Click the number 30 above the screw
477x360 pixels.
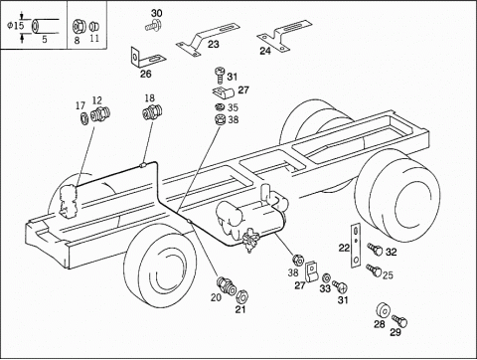pyautogui.click(x=157, y=13)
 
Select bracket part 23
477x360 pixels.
pyautogui.click(x=206, y=38)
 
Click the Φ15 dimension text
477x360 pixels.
pyautogui.click(x=15, y=25)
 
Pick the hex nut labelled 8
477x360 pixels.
pyautogui.click(x=79, y=26)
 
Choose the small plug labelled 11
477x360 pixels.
pyautogui.click(x=94, y=26)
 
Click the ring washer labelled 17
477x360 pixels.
pyautogui.click(x=84, y=118)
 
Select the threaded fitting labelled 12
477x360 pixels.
pyautogui.click(x=101, y=114)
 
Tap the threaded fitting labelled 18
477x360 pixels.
pyautogui.click(x=153, y=112)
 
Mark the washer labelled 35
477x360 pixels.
pyautogui.click(x=219, y=107)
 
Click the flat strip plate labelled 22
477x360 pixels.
pyautogui.click(x=356, y=246)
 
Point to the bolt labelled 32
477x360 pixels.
pyautogui.click(x=375, y=249)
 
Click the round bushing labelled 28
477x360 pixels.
pyautogui.click(x=384, y=311)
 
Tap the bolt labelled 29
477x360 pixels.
pyautogui.click(x=399, y=321)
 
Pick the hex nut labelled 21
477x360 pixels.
pyautogui.click(x=242, y=296)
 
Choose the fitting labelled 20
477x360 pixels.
pyautogui.click(x=227, y=284)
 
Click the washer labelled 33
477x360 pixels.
pyautogui.click(x=326, y=277)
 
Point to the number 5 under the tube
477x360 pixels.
pyautogui.click(x=45, y=39)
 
